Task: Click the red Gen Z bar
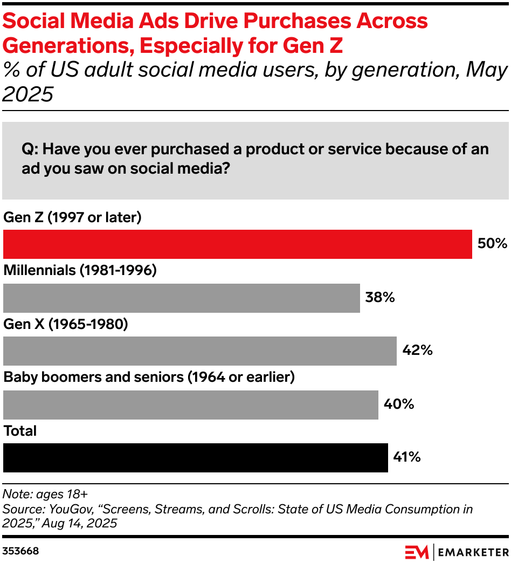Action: (237, 244)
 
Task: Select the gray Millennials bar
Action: (181, 298)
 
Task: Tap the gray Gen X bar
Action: (199, 351)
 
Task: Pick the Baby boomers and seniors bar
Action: (190, 404)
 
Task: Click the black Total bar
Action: (195, 458)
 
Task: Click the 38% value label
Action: (381, 298)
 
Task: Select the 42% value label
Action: (417, 351)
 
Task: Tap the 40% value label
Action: (399, 404)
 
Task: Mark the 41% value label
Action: (408, 458)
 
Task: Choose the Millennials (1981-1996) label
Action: (80, 271)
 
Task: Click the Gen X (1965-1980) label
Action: (65, 324)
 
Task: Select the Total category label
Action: (20, 431)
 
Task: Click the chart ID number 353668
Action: (20, 552)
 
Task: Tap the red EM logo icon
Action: (416, 552)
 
